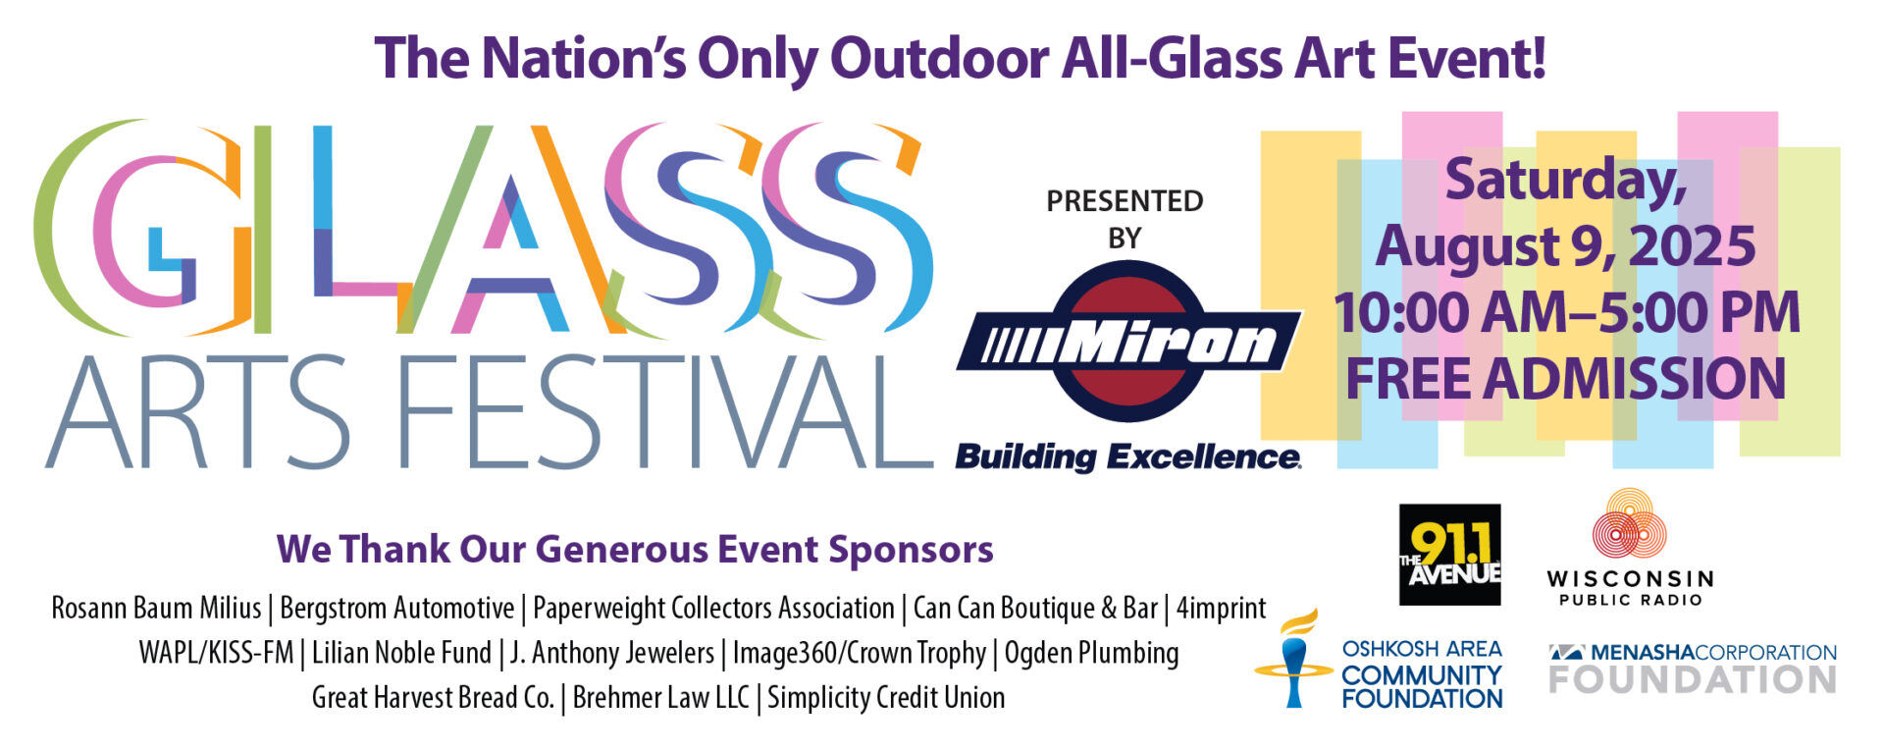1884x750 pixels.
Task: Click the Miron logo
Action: pyautogui.click(x=1129, y=343)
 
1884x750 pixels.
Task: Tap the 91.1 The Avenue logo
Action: pyautogui.click(x=1449, y=555)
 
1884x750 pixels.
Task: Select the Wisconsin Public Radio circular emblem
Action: pyautogui.click(x=1629, y=525)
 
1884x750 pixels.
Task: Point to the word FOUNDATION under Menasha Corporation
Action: pyautogui.click(x=1693, y=679)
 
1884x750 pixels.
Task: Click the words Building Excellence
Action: pyautogui.click(x=1128, y=457)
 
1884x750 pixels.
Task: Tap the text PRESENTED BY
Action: pyautogui.click(x=1125, y=219)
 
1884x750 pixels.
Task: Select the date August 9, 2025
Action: pyautogui.click(x=1565, y=246)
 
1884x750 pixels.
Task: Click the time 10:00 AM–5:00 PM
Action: pyautogui.click(x=1567, y=313)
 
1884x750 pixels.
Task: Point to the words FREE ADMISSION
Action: pyautogui.click(x=1565, y=379)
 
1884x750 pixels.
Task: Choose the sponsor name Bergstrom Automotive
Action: pyautogui.click(x=396, y=609)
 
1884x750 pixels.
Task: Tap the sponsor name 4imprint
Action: pyautogui.click(x=1221, y=609)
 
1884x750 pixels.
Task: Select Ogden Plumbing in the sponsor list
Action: pyautogui.click(x=1091, y=653)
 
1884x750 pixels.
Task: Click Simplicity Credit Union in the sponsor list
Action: pyautogui.click(x=886, y=698)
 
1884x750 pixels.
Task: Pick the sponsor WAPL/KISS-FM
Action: pyautogui.click(x=216, y=653)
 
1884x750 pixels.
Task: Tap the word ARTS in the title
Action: pyautogui.click(x=197, y=411)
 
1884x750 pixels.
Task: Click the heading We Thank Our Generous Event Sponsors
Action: pyautogui.click(x=635, y=549)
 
